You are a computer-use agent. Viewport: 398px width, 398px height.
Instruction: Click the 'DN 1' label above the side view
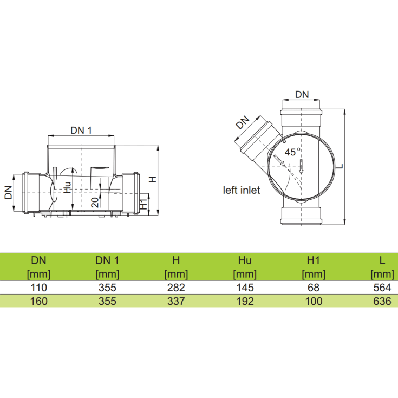[x=81, y=130]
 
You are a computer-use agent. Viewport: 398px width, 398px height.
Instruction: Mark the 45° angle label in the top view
[x=292, y=152]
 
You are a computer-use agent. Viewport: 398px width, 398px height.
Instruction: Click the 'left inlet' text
[x=242, y=190]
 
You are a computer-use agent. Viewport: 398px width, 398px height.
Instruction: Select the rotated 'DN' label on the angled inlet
[x=243, y=122]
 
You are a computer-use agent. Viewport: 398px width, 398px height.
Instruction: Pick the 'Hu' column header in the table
[x=245, y=260]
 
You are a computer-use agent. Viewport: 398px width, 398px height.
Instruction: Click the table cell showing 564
[x=382, y=288]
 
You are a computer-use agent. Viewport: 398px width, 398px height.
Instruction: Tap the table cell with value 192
[x=245, y=301]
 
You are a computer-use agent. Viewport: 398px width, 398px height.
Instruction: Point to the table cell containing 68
[x=314, y=288]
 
